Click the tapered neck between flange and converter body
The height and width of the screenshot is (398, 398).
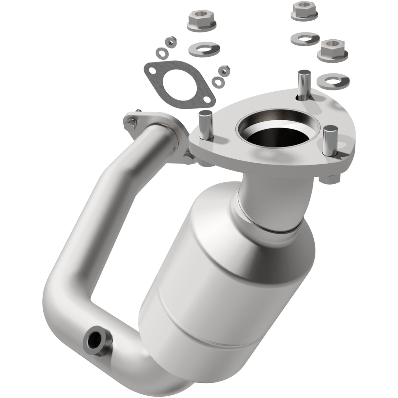275,203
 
